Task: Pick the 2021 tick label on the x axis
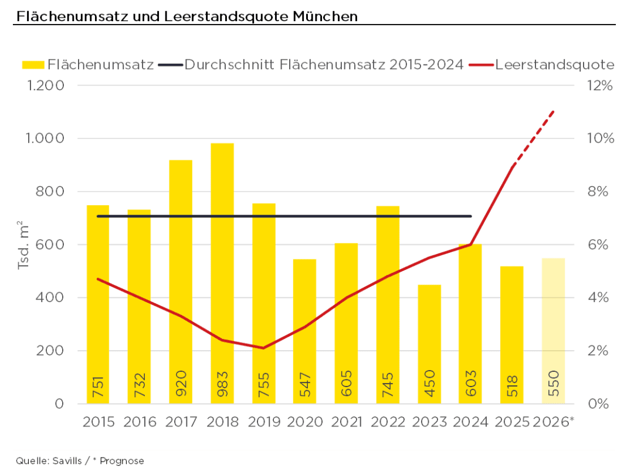[347, 422]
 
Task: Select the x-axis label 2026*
[553, 422]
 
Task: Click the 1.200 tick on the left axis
[45, 86]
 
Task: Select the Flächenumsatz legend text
[101, 65]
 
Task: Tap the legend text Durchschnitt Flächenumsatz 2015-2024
[324, 65]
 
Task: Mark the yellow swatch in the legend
[33, 65]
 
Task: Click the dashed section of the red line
[534, 138]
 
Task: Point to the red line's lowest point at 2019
[263, 348]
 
